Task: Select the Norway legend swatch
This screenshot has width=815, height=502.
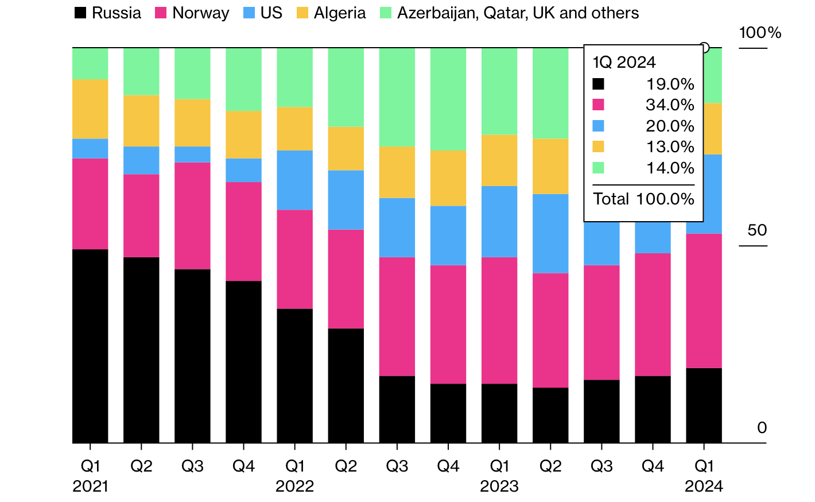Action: coord(161,13)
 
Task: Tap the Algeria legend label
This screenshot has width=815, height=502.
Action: coord(339,13)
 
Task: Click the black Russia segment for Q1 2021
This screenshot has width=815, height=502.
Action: coord(90,346)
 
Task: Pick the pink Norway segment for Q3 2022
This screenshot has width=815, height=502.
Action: coord(397,316)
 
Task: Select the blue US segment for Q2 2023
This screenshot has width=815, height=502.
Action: coord(550,233)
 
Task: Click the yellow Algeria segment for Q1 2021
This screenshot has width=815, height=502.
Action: coord(90,109)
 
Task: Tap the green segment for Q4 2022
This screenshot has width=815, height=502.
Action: coord(448,99)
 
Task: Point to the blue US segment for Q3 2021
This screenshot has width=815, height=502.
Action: coord(192,155)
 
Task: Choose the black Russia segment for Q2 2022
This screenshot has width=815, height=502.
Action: coord(346,385)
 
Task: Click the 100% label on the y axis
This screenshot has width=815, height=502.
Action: coord(760,33)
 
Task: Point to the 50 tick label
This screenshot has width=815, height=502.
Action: coord(757,230)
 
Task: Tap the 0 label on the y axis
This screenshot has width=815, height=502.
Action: coord(762,428)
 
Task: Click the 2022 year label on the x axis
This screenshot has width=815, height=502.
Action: coord(294,486)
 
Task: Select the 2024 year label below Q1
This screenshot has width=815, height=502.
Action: coord(704,486)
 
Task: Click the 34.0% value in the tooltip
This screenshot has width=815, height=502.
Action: coord(670,105)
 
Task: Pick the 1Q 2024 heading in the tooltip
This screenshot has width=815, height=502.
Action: coord(624,62)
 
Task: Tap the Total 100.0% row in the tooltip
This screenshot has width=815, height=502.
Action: coord(643,199)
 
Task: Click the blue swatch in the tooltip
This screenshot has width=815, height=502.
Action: coord(598,126)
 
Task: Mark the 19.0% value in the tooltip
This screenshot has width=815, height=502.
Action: coord(670,84)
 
